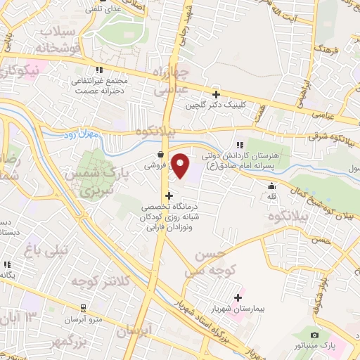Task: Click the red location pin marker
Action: click(x=181, y=166)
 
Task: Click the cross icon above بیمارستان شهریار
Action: click(x=238, y=297)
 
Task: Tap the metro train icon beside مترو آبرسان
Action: click(x=84, y=308)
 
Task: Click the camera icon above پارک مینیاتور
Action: click(x=314, y=335)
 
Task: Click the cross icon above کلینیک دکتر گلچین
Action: click(x=216, y=94)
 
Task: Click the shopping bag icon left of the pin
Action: click(x=161, y=154)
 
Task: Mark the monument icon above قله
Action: click(x=272, y=186)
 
